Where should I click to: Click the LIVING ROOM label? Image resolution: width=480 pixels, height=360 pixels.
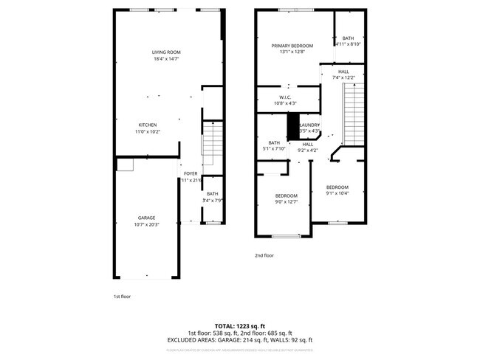click(166, 52)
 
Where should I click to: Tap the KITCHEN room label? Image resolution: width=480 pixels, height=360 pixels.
click(148, 125)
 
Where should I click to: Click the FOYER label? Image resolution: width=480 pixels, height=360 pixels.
click(191, 173)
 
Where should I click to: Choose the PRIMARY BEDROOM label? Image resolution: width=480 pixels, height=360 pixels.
click(292, 46)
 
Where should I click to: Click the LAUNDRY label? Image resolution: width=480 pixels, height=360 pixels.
click(309, 125)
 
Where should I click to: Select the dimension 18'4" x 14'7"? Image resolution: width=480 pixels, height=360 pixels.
click(166, 59)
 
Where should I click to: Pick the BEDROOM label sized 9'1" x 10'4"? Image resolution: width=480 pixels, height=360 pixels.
click(337, 187)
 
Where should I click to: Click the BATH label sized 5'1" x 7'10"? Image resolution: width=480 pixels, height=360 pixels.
click(274, 142)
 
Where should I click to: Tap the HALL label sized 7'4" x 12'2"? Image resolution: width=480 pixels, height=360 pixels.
click(344, 72)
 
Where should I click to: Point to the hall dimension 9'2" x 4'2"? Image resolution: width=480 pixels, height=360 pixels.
click(307, 150)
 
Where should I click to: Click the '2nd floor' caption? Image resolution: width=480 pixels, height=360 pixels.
click(264, 255)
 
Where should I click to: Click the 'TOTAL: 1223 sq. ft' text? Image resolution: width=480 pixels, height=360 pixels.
click(240, 325)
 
